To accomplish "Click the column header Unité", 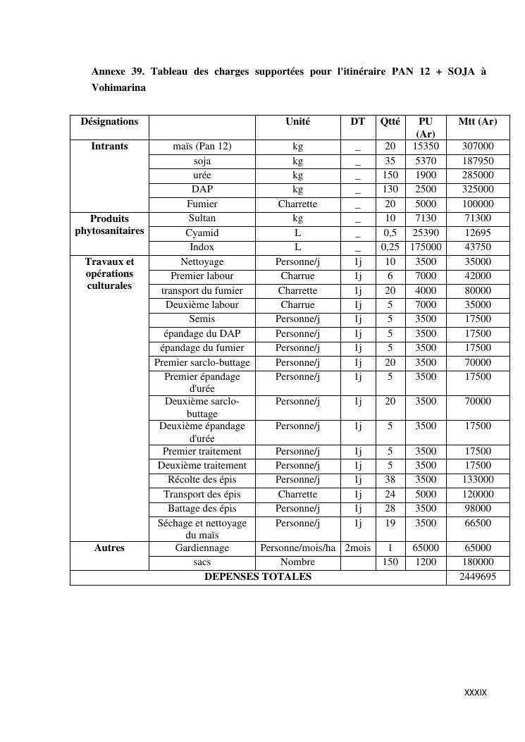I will [x=297, y=121].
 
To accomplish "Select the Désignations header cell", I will [x=109, y=121].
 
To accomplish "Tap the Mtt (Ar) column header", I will [x=477, y=121].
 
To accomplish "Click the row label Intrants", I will [x=109, y=147].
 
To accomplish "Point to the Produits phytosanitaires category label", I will [x=109, y=225].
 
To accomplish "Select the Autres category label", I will [x=109, y=548].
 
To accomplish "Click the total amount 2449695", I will [x=477, y=576].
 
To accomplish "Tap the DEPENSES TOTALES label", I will [x=258, y=576].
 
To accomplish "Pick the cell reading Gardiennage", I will [x=202, y=548].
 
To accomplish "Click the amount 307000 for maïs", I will [x=477, y=147].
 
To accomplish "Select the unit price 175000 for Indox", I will [x=426, y=247].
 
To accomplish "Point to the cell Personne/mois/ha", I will [x=297, y=548].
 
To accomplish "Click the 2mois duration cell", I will [x=358, y=548].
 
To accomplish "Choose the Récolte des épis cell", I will [x=202, y=480].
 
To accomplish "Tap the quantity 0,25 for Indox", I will [x=390, y=247].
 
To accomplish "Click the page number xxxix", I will [x=476, y=693].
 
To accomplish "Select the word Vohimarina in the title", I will [x=118, y=88].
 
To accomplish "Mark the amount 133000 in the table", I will [x=477, y=480].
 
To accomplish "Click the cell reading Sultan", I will [x=202, y=218].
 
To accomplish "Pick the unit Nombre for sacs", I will [x=297, y=562].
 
